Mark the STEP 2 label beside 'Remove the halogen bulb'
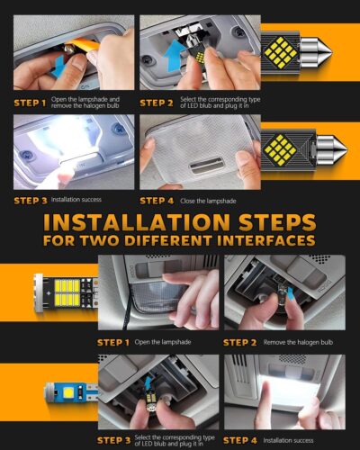click(x=241, y=343)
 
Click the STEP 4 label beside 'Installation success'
click(x=241, y=440)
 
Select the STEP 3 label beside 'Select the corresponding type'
click(x=115, y=440)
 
